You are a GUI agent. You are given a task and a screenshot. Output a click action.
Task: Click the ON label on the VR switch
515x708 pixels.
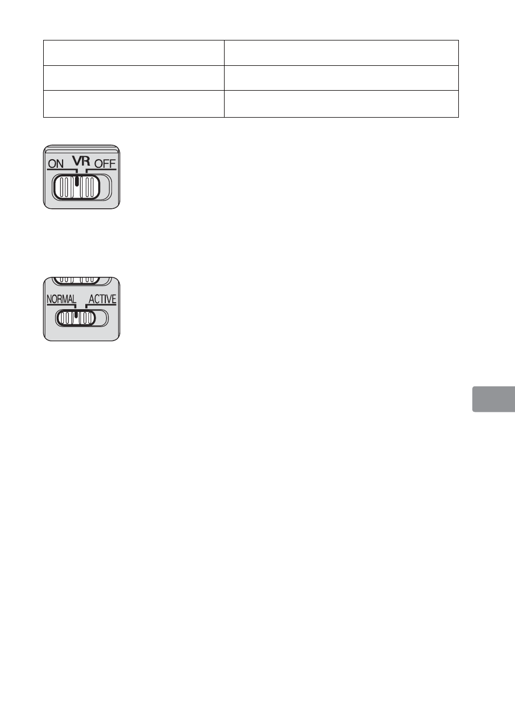tap(56, 164)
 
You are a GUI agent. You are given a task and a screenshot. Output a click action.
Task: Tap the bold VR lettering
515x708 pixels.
tap(81, 160)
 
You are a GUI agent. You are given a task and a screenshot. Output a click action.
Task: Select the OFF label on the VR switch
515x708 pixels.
tap(105, 164)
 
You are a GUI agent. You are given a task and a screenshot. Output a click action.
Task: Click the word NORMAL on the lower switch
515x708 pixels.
tap(61, 299)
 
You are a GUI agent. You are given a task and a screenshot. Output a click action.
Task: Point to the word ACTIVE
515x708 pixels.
tap(102, 299)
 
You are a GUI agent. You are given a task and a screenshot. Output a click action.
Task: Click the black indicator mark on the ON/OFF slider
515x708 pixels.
tap(77, 181)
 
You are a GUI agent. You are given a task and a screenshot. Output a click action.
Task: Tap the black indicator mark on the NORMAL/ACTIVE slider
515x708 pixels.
tap(76, 314)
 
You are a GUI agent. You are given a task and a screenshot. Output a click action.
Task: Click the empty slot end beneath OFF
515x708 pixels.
tap(105, 188)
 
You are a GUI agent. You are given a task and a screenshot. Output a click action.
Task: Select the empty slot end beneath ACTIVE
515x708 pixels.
tap(102, 318)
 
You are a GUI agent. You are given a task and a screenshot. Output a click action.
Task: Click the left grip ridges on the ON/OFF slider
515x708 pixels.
tap(65, 188)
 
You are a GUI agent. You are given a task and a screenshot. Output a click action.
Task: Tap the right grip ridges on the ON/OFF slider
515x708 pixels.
tap(90, 188)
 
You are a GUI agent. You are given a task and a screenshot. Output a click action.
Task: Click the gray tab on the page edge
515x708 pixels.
tap(493, 399)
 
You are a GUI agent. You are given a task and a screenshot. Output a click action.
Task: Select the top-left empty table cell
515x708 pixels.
tap(133, 53)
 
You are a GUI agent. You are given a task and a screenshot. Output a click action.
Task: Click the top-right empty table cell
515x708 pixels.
tap(341, 53)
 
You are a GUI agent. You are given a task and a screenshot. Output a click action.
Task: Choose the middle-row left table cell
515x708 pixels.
tap(133, 78)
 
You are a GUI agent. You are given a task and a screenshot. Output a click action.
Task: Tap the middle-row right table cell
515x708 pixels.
tap(341, 78)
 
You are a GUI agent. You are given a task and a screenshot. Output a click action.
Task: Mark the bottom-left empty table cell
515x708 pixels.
tap(133, 104)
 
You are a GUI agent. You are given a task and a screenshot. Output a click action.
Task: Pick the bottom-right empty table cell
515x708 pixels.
tap(341, 104)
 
